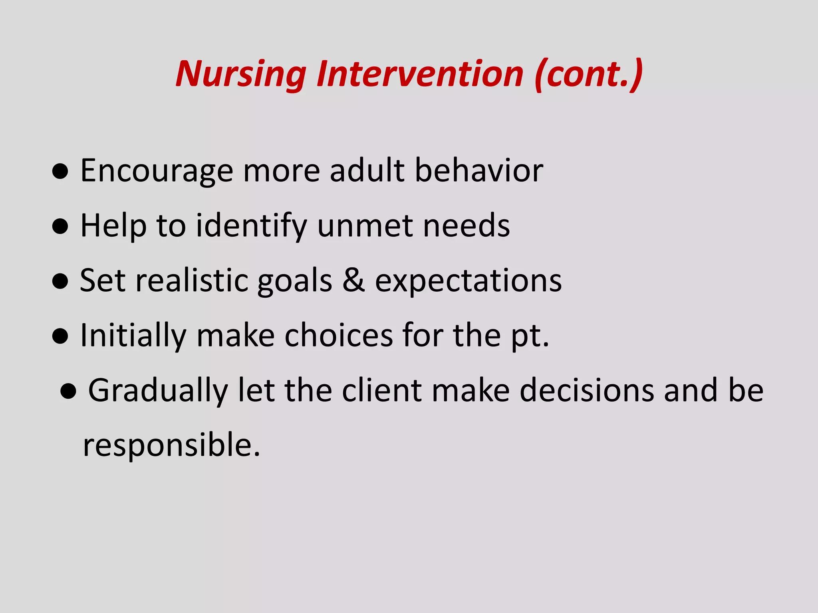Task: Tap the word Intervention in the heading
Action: coord(419,74)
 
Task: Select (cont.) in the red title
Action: coord(589,74)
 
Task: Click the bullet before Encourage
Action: coord(60,172)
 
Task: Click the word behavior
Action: coord(479,170)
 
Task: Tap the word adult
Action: coord(367,170)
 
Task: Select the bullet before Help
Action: coord(60,227)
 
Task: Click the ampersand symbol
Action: coord(353,281)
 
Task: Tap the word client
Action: coord(382,390)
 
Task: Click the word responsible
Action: coord(171,445)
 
